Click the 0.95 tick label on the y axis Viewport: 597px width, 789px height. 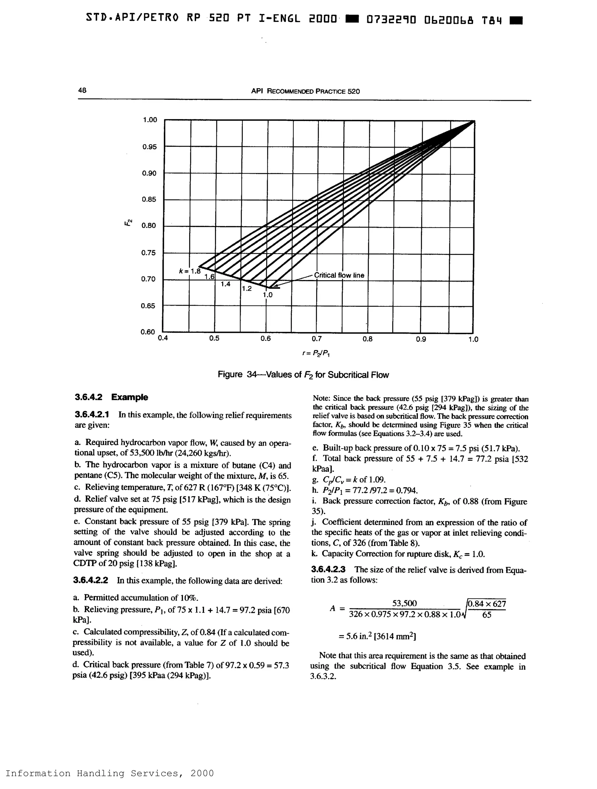coord(149,147)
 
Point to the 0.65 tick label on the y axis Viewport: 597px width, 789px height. coord(148,306)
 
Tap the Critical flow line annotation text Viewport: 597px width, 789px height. coord(339,275)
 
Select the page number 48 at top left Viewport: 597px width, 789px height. coord(82,90)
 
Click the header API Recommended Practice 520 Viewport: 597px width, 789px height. coord(305,91)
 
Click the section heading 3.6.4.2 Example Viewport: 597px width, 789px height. coord(111,397)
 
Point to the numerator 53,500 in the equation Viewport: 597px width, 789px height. coord(404,603)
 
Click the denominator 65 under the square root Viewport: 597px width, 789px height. coord(487,615)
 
